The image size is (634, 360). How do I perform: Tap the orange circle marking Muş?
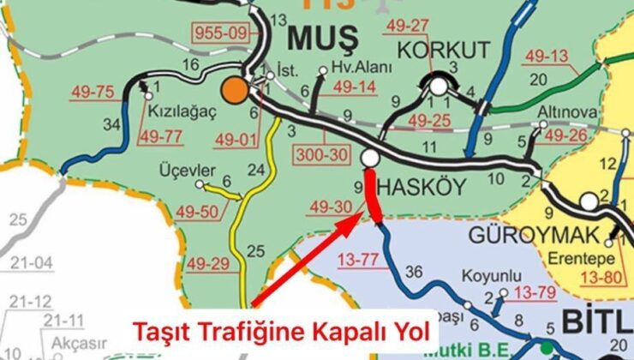tap(234, 90)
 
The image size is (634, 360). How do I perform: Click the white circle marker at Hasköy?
tap(371, 159)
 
